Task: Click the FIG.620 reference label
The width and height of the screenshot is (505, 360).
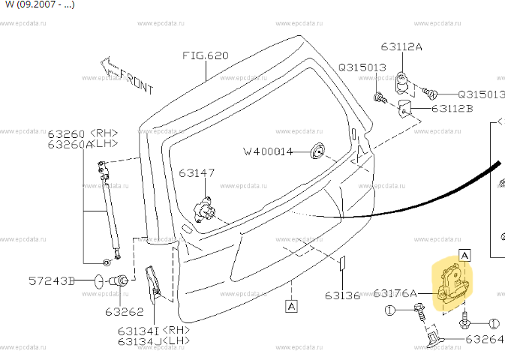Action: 205,55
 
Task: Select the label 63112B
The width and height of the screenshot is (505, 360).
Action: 452,109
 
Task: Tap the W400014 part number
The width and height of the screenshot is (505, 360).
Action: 267,151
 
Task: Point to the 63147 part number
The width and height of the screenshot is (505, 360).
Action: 197,172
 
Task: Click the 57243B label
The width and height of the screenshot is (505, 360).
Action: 52,281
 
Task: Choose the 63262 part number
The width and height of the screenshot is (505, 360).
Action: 124,311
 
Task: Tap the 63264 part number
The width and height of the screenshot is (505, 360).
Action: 484,339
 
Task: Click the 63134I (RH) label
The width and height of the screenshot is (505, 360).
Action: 152,330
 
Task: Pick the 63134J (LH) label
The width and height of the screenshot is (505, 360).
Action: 152,341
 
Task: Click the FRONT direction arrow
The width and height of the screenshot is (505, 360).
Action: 124,73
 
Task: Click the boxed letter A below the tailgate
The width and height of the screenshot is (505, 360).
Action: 291,305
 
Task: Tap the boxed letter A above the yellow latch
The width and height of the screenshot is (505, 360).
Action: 464,255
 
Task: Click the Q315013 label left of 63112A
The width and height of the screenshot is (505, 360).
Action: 362,67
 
